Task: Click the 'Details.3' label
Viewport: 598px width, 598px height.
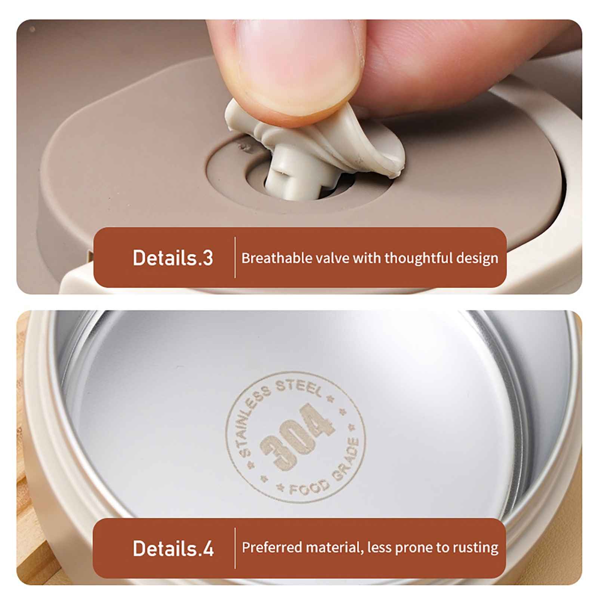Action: tap(173, 258)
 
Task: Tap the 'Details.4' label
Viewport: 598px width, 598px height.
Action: tap(173, 548)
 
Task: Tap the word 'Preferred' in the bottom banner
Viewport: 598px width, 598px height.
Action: tap(272, 548)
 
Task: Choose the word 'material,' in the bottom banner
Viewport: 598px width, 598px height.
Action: tap(335, 548)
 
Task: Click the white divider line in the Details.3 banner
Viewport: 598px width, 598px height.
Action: tap(235, 258)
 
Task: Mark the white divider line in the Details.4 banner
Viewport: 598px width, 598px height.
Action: tap(235, 548)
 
